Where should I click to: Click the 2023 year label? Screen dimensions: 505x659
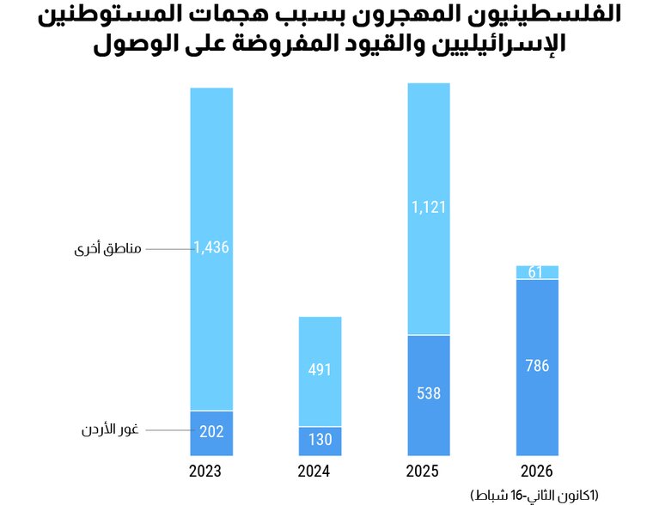(x=211, y=472)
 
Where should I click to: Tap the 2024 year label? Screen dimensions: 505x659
(x=320, y=472)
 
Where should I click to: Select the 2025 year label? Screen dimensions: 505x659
(x=428, y=472)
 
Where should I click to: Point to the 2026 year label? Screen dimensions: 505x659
(x=537, y=472)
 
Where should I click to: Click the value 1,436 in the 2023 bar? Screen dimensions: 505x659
(x=211, y=248)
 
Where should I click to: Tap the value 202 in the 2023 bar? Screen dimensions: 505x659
(x=211, y=433)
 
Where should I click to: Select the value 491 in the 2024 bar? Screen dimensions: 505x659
(x=320, y=371)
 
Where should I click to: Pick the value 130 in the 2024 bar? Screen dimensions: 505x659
(x=320, y=440)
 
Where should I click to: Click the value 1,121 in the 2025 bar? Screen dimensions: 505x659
(x=429, y=207)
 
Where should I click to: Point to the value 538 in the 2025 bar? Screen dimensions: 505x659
(x=429, y=394)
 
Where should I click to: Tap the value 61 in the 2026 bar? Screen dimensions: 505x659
(x=537, y=272)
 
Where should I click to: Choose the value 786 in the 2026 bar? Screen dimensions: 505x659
(x=537, y=366)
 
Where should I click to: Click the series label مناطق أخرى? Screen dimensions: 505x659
(x=107, y=249)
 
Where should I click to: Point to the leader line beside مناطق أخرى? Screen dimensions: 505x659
(x=168, y=249)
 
